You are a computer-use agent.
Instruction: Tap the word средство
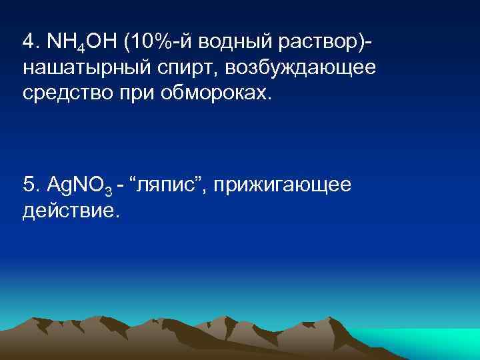66,92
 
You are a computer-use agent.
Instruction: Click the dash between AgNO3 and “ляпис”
120,185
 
